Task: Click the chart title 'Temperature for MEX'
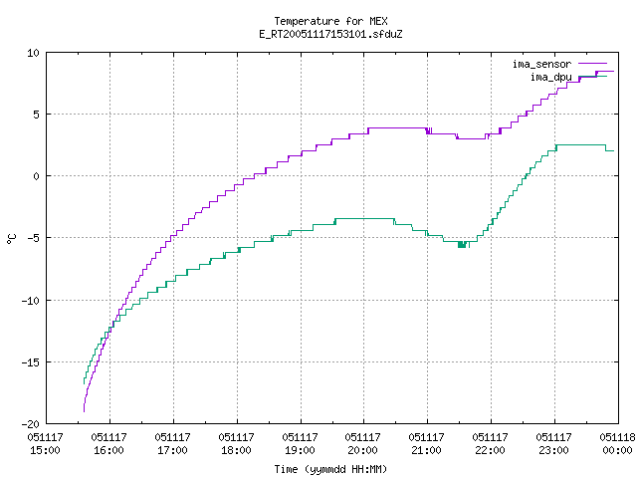coord(330,21)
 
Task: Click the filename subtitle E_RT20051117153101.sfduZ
coord(330,34)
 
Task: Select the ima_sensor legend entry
coord(559,64)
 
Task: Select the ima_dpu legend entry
coord(568,77)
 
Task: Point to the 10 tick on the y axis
coord(33,53)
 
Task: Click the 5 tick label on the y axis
coord(36,115)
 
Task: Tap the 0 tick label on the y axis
coord(36,176)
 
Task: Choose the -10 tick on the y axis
coord(30,301)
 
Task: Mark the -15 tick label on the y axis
coord(30,362)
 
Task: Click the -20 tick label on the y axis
coord(30,424)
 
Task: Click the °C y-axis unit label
coord(11,239)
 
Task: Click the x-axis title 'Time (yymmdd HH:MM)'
coord(330,469)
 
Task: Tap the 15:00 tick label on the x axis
coord(45,443)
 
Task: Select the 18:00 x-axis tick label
coord(236,443)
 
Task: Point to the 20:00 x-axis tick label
coord(362,443)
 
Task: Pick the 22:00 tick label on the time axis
coord(490,443)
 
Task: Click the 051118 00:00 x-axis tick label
coord(617,443)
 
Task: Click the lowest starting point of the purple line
coord(84,411)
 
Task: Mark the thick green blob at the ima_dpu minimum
coord(462,244)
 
